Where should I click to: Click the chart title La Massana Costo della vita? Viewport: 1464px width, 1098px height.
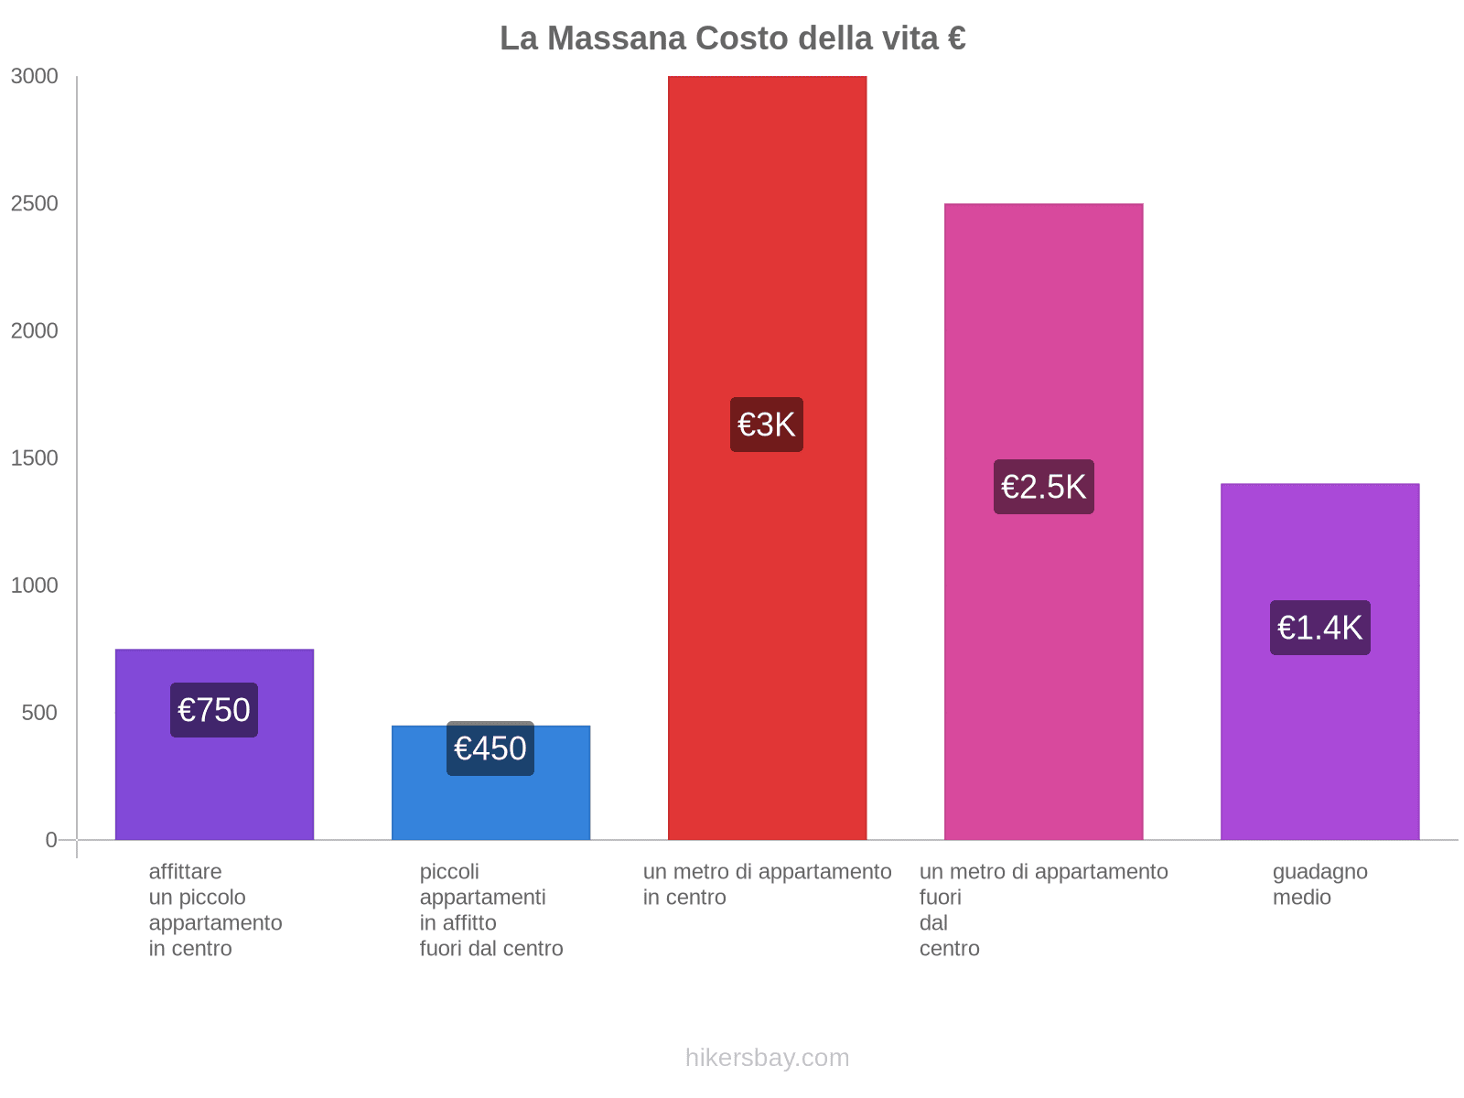[x=732, y=38]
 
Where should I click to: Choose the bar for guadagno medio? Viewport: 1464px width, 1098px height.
[x=1319, y=732]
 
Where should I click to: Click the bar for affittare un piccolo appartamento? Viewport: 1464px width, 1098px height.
[x=214, y=787]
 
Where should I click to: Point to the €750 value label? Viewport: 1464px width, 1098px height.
[x=214, y=710]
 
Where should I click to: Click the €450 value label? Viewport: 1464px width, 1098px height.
[x=490, y=748]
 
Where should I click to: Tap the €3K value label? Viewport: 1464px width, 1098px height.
[x=767, y=425]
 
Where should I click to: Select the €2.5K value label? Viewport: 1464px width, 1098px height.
[x=1043, y=487]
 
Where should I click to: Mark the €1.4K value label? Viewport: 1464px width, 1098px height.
[x=1319, y=628]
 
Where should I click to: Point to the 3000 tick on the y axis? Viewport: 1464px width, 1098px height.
[x=35, y=77]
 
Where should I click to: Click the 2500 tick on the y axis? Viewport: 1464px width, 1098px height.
[x=35, y=204]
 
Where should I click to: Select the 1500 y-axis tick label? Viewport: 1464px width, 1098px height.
[x=35, y=458]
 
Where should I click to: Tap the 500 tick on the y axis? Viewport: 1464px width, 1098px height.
[x=40, y=713]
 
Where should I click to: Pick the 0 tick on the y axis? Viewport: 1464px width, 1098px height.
[x=51, y=840]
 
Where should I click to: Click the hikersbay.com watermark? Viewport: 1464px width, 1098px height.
[x=767, y=1058]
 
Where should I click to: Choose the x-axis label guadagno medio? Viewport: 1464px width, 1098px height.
[x=1319, y=884]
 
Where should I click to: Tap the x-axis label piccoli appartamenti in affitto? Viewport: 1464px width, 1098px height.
[x=490, y=910]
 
